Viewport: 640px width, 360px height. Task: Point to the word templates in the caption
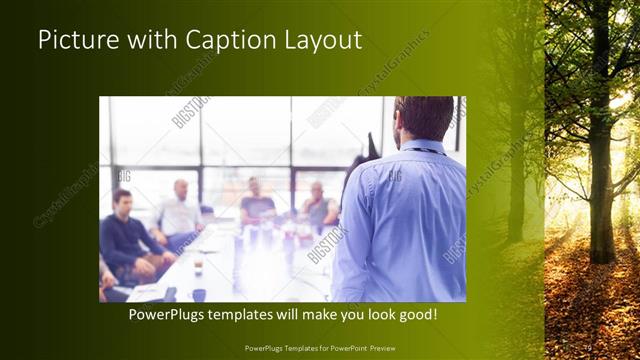[256, 315]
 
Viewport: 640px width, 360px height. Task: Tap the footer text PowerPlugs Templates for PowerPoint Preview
[320, 348]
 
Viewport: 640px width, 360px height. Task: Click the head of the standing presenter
[423, 118]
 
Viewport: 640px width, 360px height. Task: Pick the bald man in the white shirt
[179, 212]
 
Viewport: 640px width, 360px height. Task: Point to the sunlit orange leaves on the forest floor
[590, 300]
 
